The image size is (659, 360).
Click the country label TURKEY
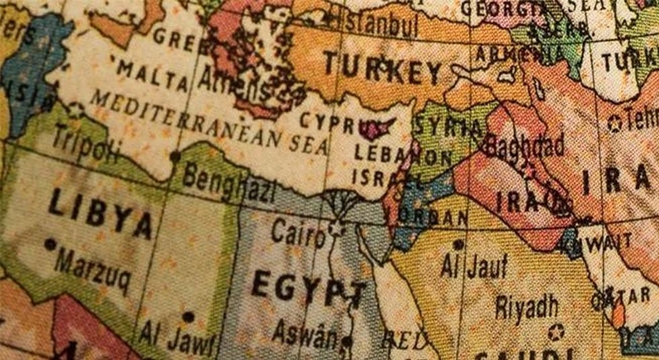(381, 71)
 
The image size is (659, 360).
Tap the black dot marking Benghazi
(176, 156)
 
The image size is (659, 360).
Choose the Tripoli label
(86, 144)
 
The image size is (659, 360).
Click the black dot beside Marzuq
(50, 243)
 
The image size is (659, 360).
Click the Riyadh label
(526, 305)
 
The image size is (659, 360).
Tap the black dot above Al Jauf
(458, 243)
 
